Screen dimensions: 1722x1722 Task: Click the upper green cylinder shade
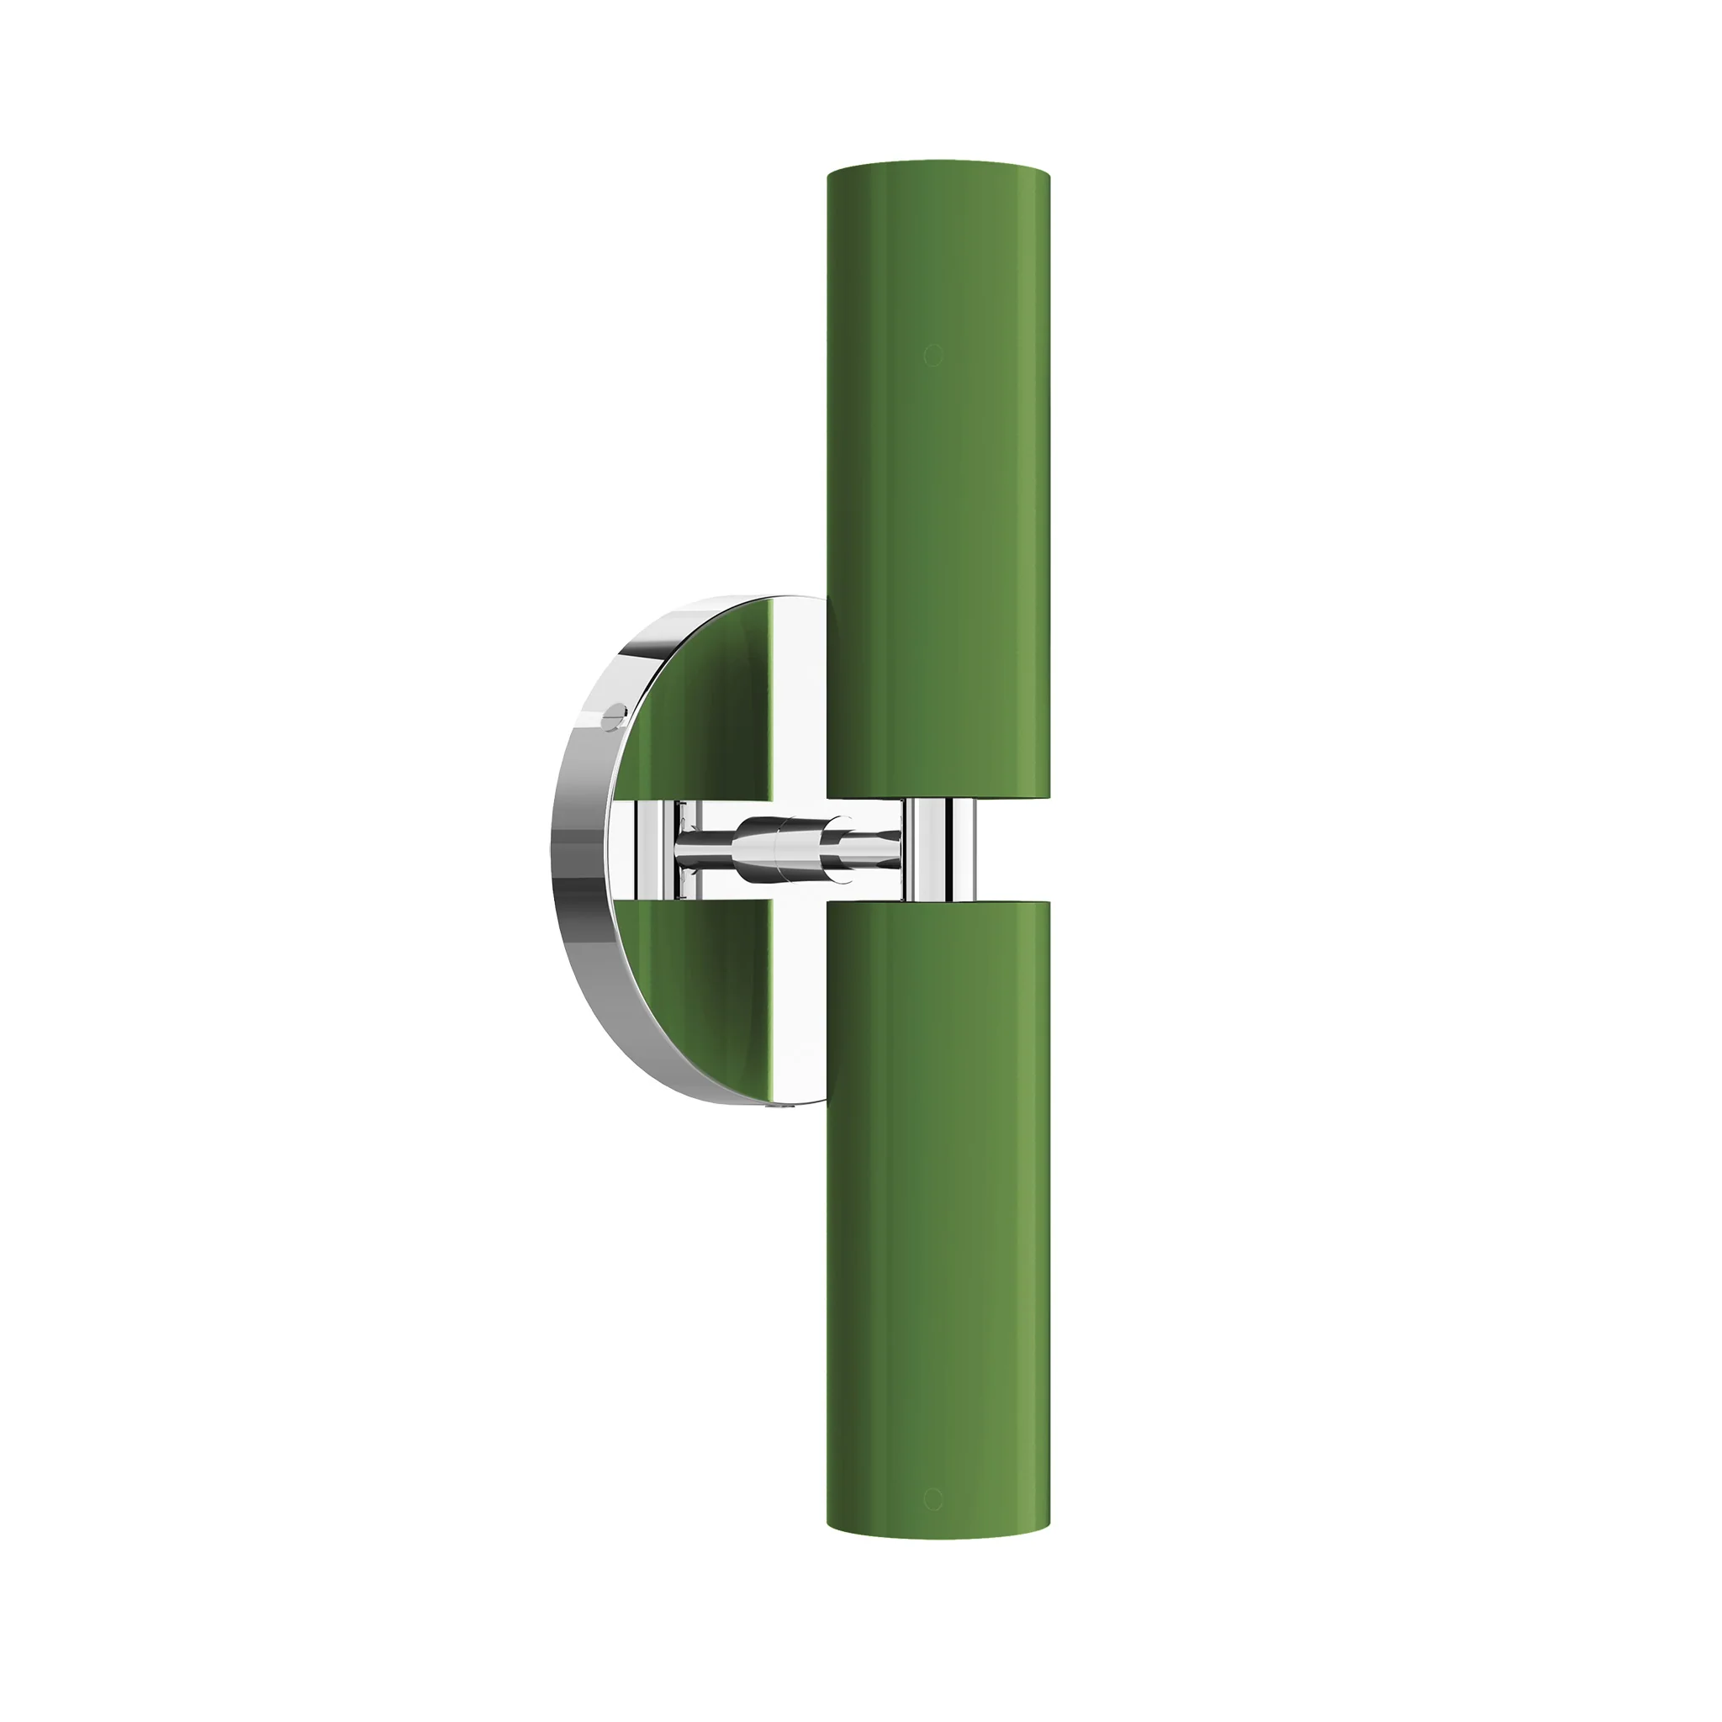pos(938,481)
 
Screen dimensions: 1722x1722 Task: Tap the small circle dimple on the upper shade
pos(932,356)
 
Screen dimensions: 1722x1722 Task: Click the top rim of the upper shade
pos(938,166)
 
